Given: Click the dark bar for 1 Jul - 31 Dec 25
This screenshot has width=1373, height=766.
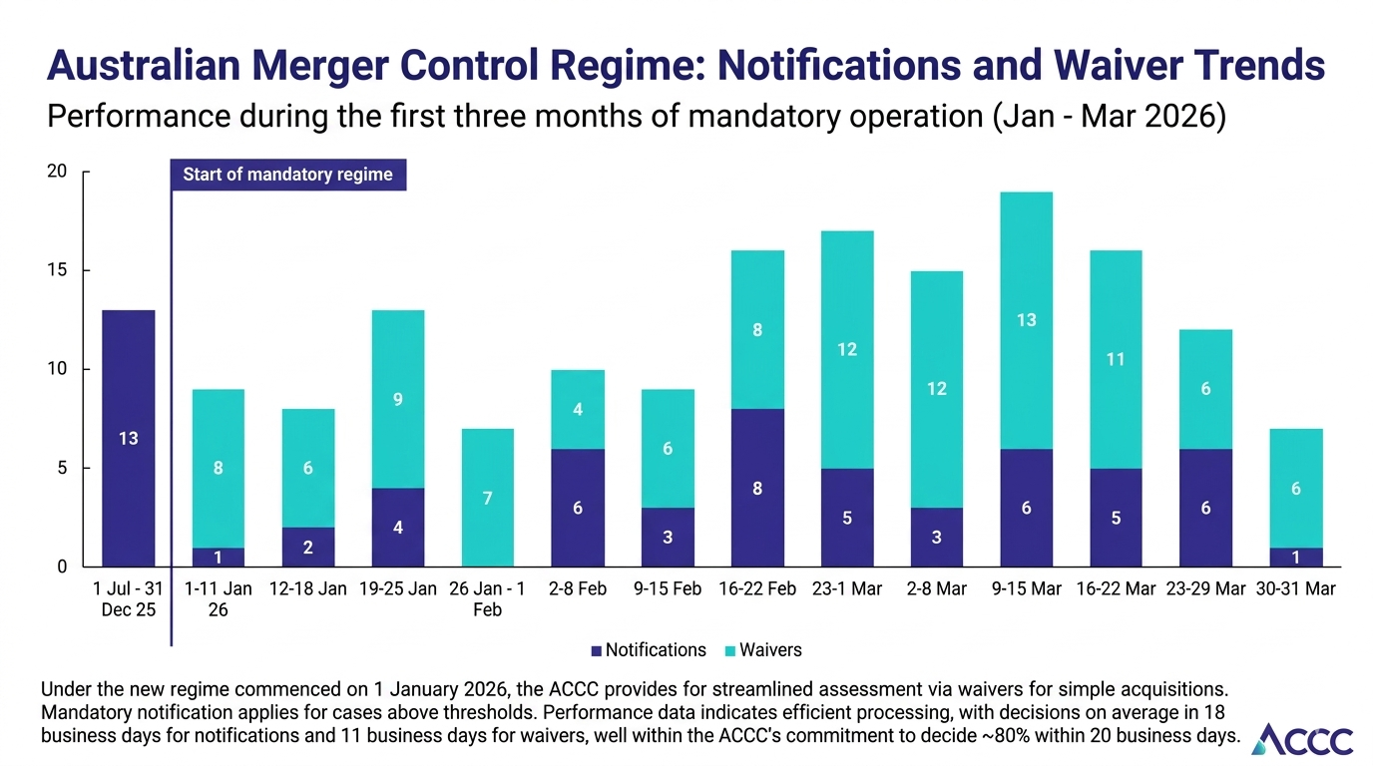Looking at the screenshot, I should click(x=129, y=439).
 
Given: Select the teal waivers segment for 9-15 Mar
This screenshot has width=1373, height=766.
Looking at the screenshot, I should click(x=1027, y=319).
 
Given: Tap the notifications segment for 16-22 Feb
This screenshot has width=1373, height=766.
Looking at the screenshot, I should click(x=757, y=489).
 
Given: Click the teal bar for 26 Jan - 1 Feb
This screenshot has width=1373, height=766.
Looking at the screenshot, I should click(x=487, y=498).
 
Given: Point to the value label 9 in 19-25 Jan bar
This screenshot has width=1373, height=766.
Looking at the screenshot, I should click(x=397, y=399).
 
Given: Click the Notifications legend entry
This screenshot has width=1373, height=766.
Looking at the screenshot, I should click(x=648, y=650).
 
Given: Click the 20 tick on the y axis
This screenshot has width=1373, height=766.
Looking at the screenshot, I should click(x=57, y=172).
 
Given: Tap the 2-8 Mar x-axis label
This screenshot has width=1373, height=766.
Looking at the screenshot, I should click(x=936, y=589).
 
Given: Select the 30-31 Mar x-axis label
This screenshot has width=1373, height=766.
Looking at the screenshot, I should click(x=1295, y=589).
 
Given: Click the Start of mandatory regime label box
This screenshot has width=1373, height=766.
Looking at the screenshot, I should click(x=288, y=175).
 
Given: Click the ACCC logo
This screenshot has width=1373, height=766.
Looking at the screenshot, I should click(x=1302, y=739).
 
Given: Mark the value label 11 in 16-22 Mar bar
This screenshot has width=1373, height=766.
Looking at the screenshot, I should click(x=1116, y=359).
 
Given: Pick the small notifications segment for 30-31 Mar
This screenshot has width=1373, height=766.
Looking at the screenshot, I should click(x=1295, y=558).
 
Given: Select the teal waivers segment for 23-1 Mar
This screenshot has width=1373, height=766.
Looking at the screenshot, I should click(x=847, y=349).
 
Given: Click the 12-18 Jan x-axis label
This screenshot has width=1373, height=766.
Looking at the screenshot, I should click(x=307, y=589).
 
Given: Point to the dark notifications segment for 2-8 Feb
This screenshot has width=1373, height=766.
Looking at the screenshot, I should click(x=577, y=508).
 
